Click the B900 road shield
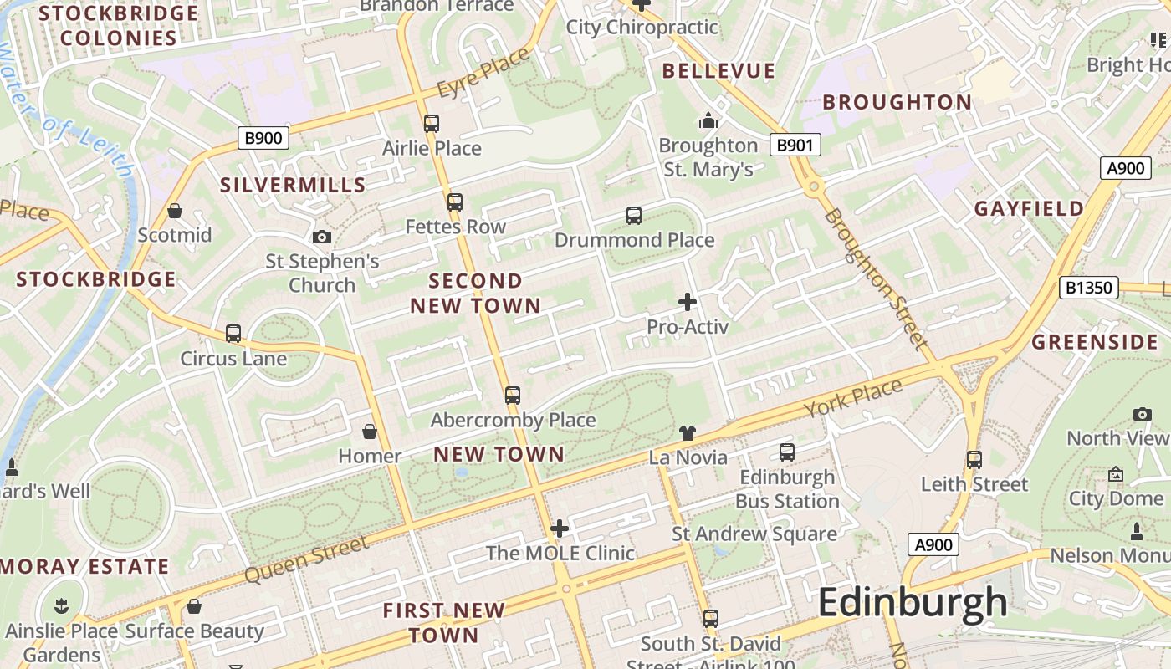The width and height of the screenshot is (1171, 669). pyautogui.click(x=263, y=138)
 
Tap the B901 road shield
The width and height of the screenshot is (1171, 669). pyautogui.click(x=795, y=146)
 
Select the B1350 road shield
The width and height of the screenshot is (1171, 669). pyautogui.click(x=1088, y=289)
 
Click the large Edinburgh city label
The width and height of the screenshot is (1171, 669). pyautogui.click(x=913, y=602)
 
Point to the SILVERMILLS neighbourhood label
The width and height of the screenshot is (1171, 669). pyautogui.click(x=293, y=185)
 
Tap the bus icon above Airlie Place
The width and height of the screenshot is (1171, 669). pyautogui.click(x=432, y=124)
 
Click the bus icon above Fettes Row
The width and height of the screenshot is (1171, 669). pyautogui.click(x=455, y=202)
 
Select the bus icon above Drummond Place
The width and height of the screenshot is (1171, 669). pyautogui.click(x=634, y=216)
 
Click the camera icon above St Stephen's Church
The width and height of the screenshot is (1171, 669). pyautogui.click(x=322, y=237)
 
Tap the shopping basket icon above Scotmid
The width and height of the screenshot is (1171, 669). pyautogui.click(x=175, y=211)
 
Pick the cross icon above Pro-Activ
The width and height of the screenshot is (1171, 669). pyautogui.click(x=688, y=302)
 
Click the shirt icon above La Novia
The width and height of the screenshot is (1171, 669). pyautogui.click(x=688, y=432)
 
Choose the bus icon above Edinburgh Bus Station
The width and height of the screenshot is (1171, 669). pyautogui.click(x=787, y=452)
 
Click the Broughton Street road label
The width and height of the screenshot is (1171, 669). pyautogui.click(x=875, y=278)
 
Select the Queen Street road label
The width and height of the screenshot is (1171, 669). pyautogui.click(x=306, y=560)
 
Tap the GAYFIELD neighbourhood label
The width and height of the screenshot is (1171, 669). pyautogui.click(x=1029, y=209)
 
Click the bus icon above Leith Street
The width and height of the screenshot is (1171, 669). pyautogui.click(x=974, y=460)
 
